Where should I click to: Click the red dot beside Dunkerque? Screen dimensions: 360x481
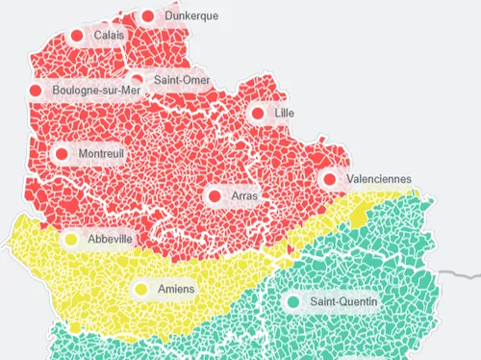(x=147, y=16)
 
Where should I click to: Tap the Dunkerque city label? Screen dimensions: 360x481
(x=190, y=16)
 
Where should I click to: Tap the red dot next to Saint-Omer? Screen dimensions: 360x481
(x=137, y=81)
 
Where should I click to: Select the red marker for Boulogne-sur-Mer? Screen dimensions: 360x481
(x=37, y=91)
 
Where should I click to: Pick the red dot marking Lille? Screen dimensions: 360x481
(x=258, y=114)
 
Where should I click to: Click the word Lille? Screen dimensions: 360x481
(x=284, y=114)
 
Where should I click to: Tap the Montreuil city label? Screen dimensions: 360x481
(x=101, y=154)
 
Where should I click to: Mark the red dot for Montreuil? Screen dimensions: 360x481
(x=63, y=154)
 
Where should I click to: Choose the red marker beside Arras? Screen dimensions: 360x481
(x=214, y=196)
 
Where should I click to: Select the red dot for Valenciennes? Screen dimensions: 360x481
(x=330, y=179)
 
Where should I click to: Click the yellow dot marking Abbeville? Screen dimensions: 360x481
(x=71, y=240)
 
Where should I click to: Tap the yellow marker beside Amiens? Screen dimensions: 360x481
(x=141, y=289)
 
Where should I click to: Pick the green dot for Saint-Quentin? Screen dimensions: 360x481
(x=293, y=302)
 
